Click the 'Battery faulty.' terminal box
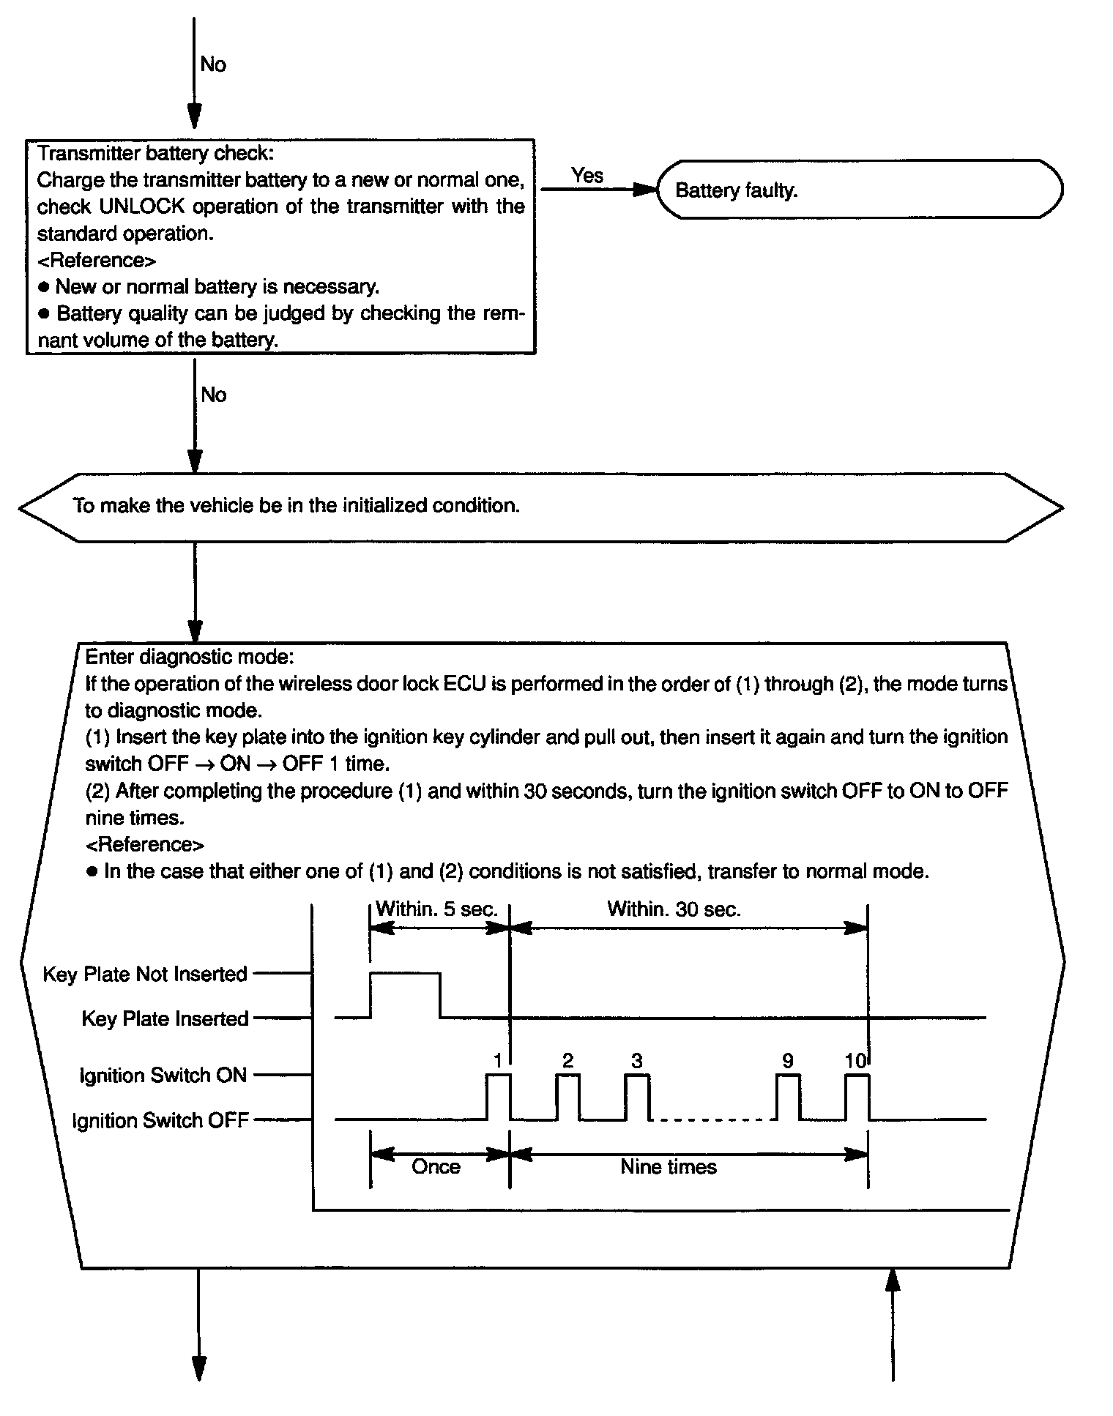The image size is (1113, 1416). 858,190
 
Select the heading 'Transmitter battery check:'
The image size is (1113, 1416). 155,154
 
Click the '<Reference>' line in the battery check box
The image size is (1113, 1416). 96,261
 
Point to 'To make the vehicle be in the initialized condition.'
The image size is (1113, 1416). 296,506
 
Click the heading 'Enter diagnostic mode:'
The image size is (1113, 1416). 190,657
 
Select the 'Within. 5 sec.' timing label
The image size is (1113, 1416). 436,909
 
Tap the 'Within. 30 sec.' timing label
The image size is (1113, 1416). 674,909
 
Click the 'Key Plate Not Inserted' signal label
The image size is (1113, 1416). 145,975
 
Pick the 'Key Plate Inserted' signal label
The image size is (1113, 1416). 165,1018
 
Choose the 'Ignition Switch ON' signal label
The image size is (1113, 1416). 163,1076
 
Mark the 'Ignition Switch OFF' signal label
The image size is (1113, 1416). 160,1121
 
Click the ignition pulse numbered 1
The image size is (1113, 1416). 499,1096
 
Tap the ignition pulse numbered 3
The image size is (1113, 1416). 637,1096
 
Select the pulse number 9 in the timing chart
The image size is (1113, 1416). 787,1061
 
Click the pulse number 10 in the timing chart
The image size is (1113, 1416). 855,1061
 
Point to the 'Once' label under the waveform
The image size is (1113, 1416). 436,1166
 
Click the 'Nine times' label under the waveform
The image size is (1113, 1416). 669,1166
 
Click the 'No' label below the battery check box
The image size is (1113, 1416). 214,395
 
